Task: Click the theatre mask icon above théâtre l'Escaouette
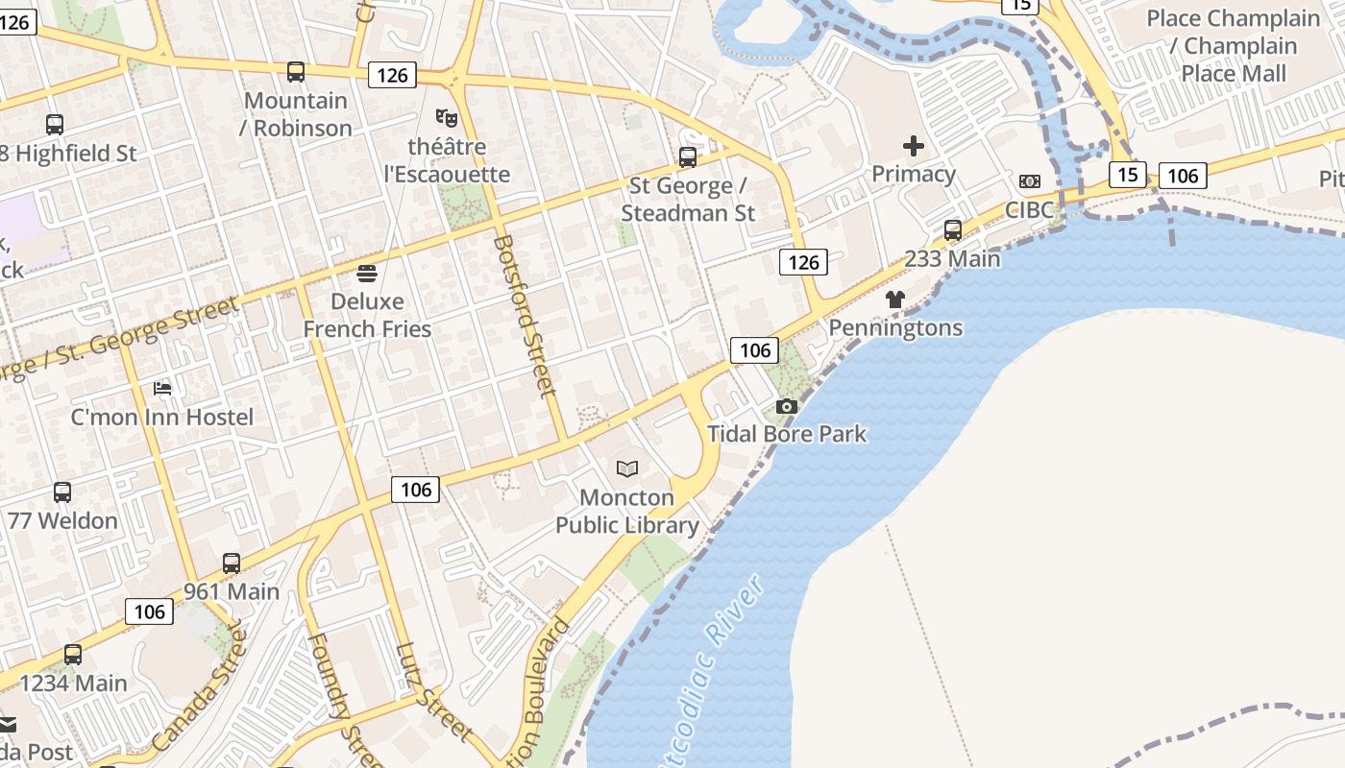[x=446, y=118]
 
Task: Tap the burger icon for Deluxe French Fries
[x=367, y=274]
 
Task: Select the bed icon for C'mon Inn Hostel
[x=162, y=389]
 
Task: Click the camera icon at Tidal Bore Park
[x=787, y=406]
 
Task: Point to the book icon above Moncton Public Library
[x=627, y=468]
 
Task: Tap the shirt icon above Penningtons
[x=895, y=300]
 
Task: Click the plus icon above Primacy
[x=914, y=146]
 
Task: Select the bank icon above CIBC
[x=1030, y=181]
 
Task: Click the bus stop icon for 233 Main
[x=953, y=230]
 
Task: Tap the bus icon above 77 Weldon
[x=62, y=492]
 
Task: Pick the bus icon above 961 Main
[x=232, y=564]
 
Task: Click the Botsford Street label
[x=525, y=316]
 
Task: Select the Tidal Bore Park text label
[x=787, y=434]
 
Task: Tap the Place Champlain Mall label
[x=1234, y=45]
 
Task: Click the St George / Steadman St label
[x=688, y=200]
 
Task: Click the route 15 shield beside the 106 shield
[x=1128, y=175]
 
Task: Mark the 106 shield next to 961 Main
[x=149, y=612]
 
